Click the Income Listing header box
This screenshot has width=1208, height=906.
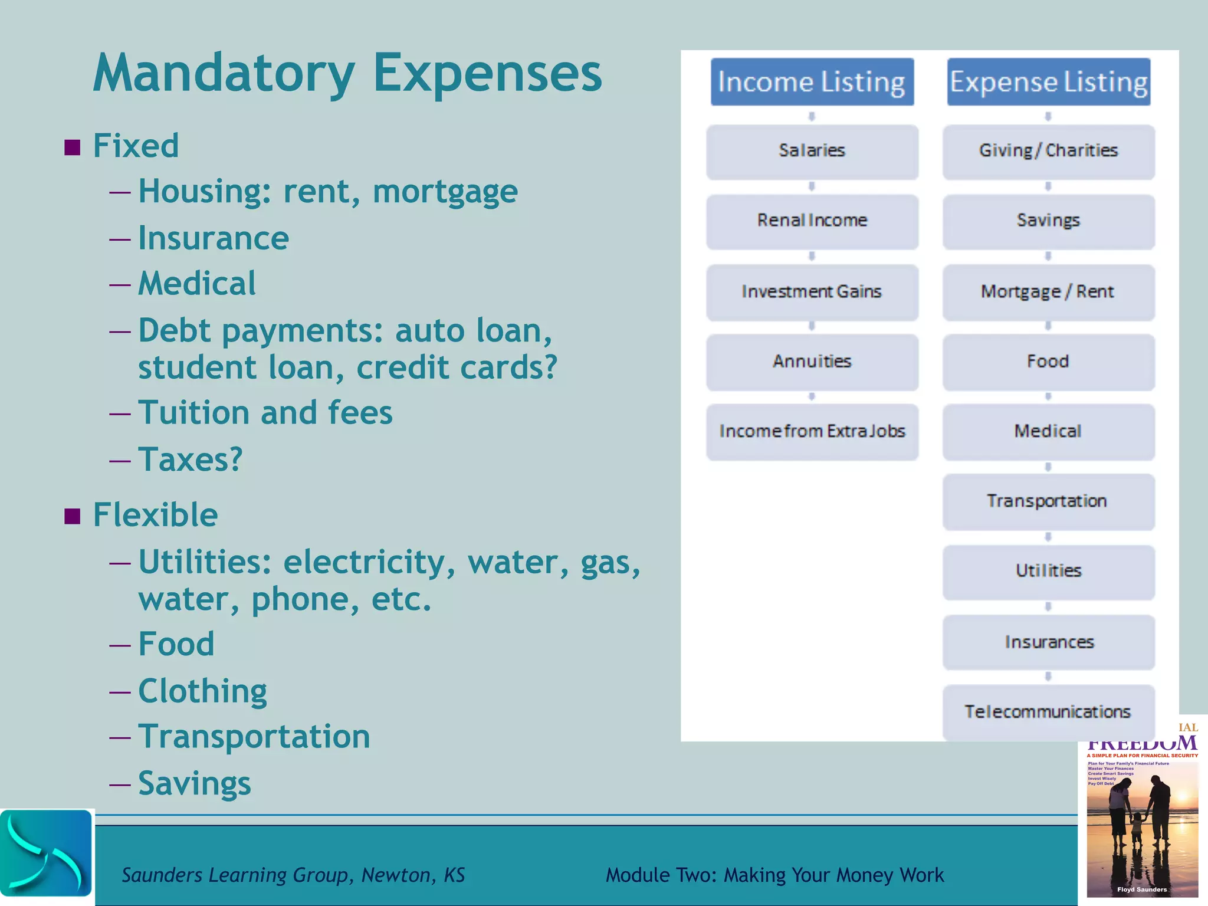812,82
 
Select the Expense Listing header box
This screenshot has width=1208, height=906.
1048,82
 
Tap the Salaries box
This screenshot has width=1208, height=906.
812,151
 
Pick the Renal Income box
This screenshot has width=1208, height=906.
812,221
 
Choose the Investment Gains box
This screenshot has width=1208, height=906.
812,291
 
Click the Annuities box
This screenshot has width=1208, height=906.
812,361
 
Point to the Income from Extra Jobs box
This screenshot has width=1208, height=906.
812,431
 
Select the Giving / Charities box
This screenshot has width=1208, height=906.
1048,151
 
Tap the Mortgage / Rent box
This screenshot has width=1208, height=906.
1048,291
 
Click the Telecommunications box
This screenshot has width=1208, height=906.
1048,711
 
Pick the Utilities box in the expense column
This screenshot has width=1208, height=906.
1048,571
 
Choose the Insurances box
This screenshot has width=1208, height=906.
1048,642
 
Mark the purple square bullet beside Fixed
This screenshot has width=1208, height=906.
72,147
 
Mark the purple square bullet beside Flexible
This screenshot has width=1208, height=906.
72,516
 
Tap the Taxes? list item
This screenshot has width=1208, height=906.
190,459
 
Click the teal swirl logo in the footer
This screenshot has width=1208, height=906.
46,854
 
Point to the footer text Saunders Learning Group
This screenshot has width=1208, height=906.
237,875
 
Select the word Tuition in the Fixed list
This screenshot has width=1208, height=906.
194,412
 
